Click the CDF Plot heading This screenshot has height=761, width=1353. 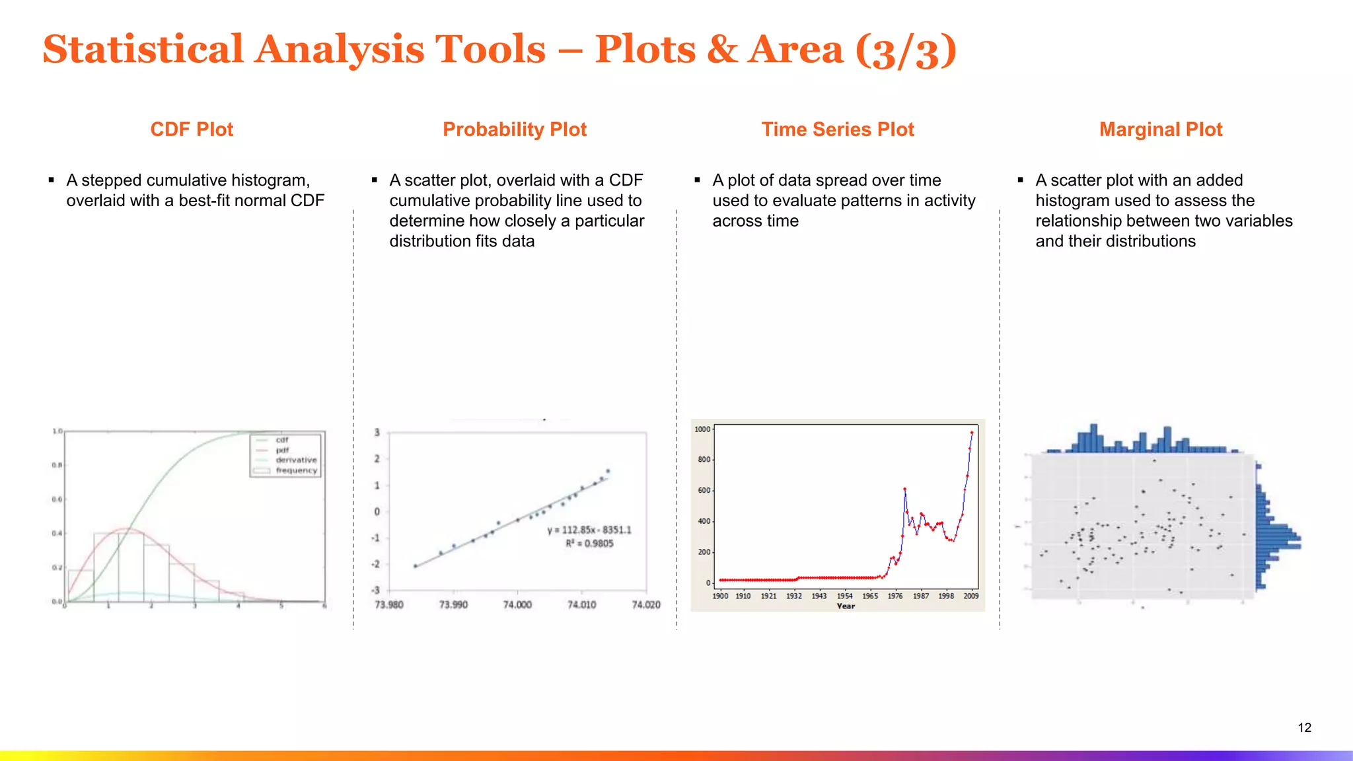point(192,129)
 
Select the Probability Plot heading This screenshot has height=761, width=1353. point(514,129)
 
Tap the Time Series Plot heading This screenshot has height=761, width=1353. point(837,129)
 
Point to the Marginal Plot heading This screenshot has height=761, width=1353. point(1160,129)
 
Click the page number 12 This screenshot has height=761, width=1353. point(1304,727)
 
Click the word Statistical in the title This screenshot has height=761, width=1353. point(143,50)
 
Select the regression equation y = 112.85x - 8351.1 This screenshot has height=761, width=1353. point(589,530)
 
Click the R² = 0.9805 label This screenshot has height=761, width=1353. point(589,544)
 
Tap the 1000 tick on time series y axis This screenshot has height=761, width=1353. point(702,429)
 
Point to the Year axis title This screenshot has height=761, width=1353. point(846,606)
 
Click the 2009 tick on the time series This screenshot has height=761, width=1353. point(970,596)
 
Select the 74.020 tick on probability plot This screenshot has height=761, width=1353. point(645,604)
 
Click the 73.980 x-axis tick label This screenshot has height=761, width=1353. point(389,604)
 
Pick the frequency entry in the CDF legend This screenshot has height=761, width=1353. point(296,470)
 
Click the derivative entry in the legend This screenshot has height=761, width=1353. point(296,460)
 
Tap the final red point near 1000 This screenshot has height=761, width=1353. point(972,433)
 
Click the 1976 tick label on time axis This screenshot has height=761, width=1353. point(895,596)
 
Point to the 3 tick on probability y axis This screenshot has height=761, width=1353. point(377,432)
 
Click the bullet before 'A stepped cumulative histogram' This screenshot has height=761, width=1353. point(51,180)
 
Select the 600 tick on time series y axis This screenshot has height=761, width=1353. point(704,490)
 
